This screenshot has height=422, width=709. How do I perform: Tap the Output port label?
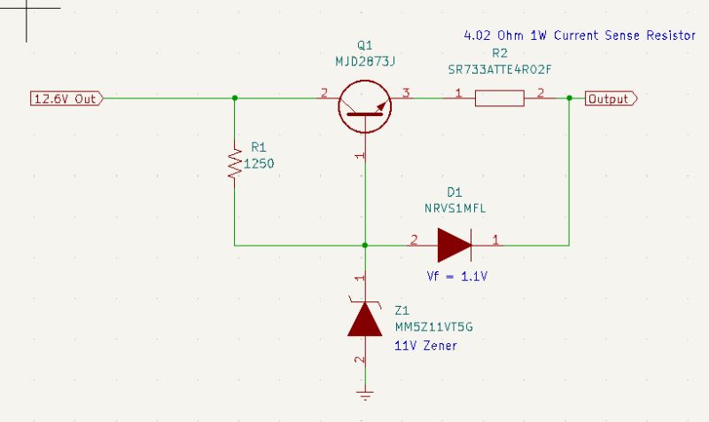610,98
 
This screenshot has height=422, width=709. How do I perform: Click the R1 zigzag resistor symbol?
235,163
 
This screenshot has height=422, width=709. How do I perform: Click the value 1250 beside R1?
258,164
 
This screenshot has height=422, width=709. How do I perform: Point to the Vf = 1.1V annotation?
457,277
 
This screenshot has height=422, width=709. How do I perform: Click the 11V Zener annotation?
425,346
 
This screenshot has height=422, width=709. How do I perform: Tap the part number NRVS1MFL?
456,207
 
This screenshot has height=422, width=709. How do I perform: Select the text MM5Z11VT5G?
433,327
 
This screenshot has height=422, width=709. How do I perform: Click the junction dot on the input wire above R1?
235,98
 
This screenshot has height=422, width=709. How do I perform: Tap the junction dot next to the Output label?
568,98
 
